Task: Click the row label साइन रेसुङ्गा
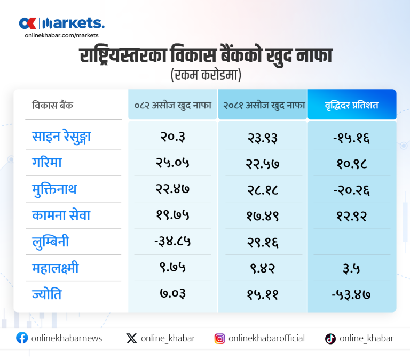click(x=61, y=137)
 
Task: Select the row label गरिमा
click(x=47, y=163)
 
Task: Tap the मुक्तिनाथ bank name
click(x=54, y=189)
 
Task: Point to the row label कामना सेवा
click(x=61, y=215)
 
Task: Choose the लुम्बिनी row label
click(x=51, y=242)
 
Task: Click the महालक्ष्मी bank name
click(x=56, y=268)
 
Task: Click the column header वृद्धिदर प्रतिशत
click(x=352, y=105)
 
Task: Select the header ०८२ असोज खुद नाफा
click(x=172, y=105)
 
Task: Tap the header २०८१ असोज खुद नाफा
click(x=263, y=105)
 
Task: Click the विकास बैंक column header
click(x=52, y=105)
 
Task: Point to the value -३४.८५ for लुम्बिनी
click(x=172, y=242)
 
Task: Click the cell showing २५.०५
click(x=172, y=163)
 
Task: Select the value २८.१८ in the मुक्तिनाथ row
click(x=263, y=189)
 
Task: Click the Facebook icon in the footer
click(x=22, y=338)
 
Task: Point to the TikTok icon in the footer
click(x=330, y=338)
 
